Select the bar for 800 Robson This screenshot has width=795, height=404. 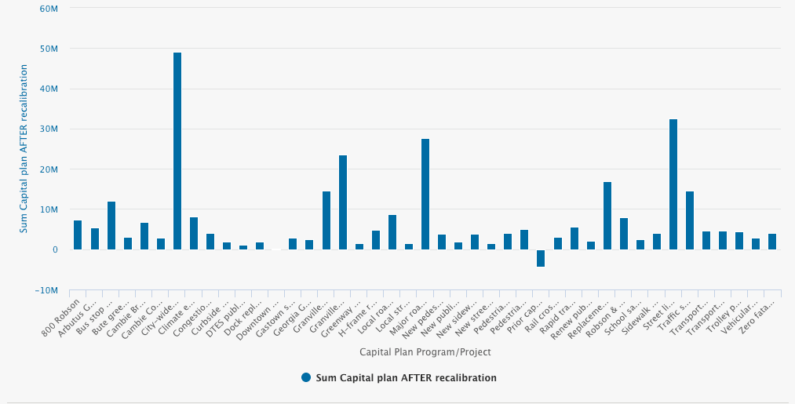click(78, 235)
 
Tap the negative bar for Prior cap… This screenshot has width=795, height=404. click(541, 258)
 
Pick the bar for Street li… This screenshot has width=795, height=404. click(673, 184)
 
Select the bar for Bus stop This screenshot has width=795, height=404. click(111, 225)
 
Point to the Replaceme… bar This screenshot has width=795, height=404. click(607, 216)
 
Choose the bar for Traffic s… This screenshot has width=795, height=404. click(690, 220)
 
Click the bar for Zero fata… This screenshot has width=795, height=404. click(772, 242)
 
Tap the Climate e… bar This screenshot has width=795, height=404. click(194, 233)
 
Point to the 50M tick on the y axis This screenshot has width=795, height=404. click(49, 49)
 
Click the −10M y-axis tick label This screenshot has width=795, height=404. click(46, 290)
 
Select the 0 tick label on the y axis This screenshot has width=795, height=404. click(55, 249)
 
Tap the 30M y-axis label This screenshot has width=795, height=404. click(49, 129)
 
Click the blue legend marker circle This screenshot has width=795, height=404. click(306, 378)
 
